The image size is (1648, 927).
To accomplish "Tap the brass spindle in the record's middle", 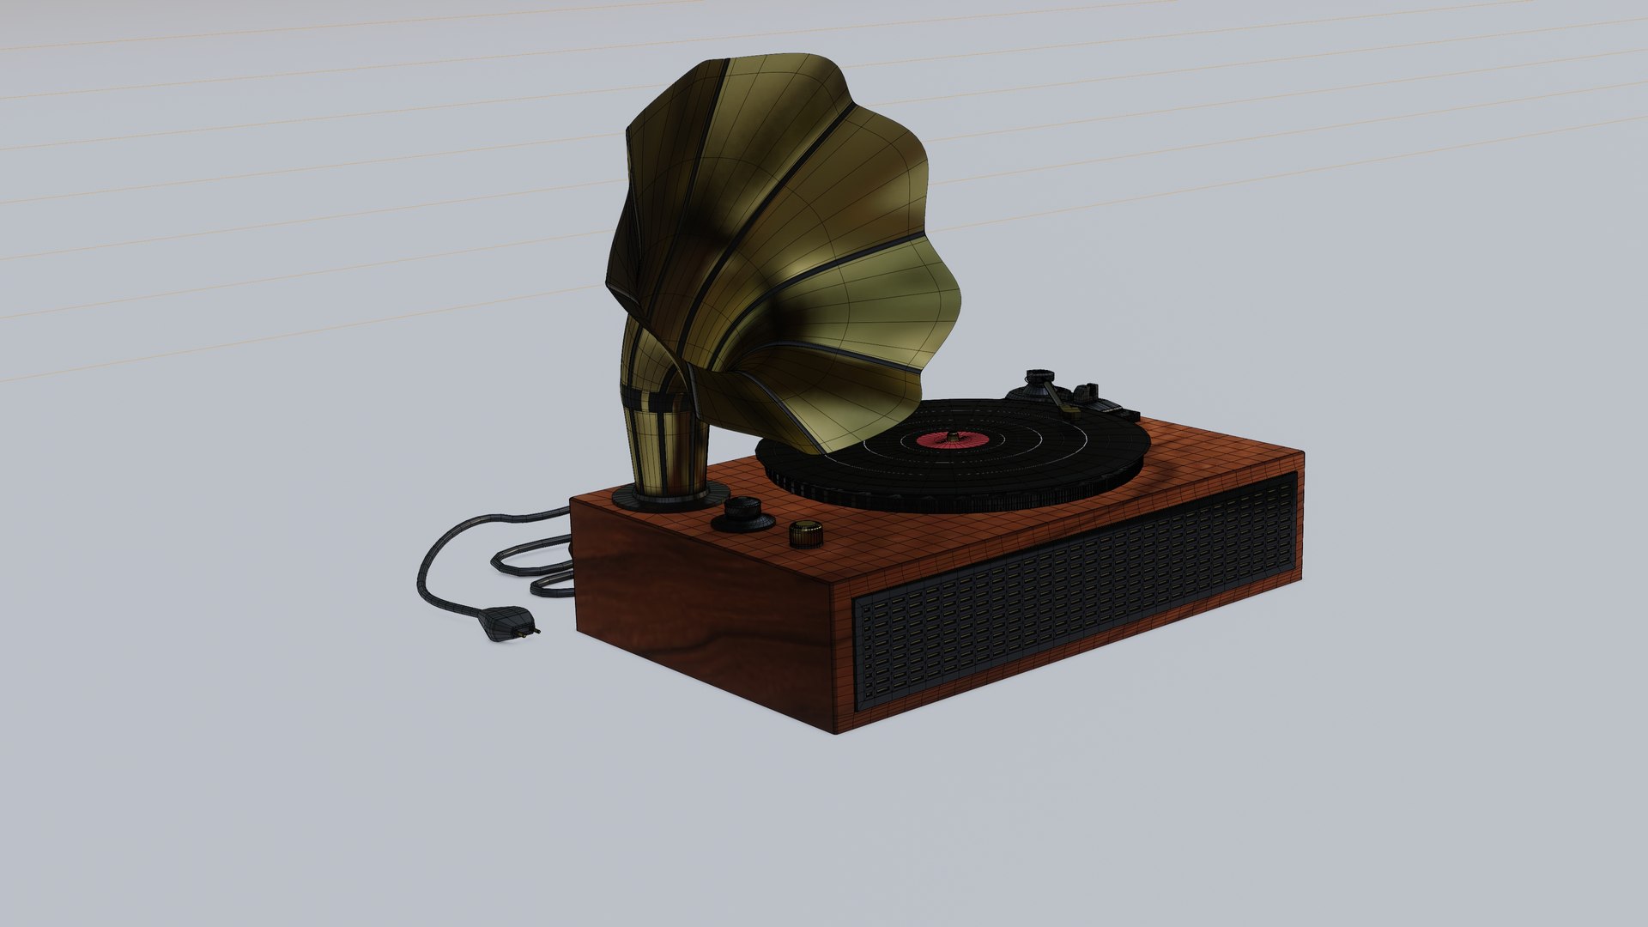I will click(x=951, y=436).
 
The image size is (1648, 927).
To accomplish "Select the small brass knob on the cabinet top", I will click(x=805, y=533).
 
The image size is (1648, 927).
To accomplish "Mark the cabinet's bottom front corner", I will click(x=836, y=732).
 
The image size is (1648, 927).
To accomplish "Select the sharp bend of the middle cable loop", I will click(x=496, y=562).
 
